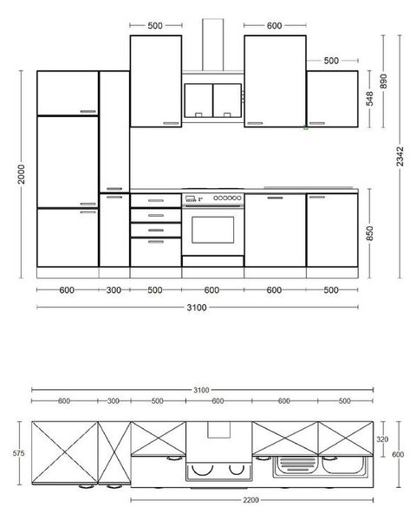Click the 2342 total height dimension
(x=400, y=156)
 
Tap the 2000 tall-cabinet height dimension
(x=21, y=174)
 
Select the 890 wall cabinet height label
(x=383, y=81)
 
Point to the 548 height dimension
(x=369, y=99)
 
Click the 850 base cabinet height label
(x=369, y=233)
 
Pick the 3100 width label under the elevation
(x=197, y=308)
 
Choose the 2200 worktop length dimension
(x=250, y=500)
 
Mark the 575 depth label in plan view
(x=18, y=453)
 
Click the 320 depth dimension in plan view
(x=382, y=439)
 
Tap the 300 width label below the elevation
(x=114, y=290)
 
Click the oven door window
(x=212, y=230)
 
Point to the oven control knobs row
(x=227, y=198)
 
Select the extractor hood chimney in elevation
(x=213, y=44)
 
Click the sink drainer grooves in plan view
(x=297, y=465)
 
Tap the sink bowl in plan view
(x=342, y=465)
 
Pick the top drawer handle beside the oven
(x=156, y=201)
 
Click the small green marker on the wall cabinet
(x=306, y=127)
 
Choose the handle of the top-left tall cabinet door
(x=88, y=112)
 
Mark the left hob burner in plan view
(x=202, y=470)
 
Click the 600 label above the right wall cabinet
(x=275, y=25)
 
